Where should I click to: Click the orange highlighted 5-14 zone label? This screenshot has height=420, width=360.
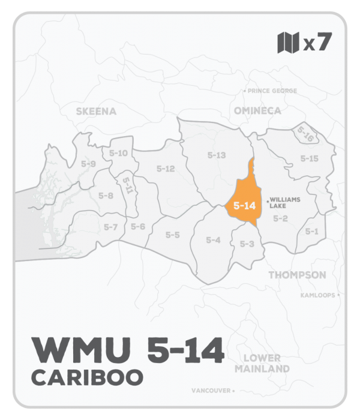point(245,205)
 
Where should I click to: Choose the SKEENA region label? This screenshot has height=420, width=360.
point(96,111)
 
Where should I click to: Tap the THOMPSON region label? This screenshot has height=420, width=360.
point(297,275)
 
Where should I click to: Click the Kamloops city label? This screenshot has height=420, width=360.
point(318,295)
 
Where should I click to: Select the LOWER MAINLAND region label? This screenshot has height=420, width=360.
point(263,363)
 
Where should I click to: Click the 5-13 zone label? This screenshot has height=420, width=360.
point(216,155)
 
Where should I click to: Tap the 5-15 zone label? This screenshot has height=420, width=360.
point(309,158)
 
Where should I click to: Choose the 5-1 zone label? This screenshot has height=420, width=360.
point(311,231)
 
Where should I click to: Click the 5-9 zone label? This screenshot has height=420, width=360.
point(88,163)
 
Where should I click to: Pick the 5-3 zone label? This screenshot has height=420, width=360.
point(247,244)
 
